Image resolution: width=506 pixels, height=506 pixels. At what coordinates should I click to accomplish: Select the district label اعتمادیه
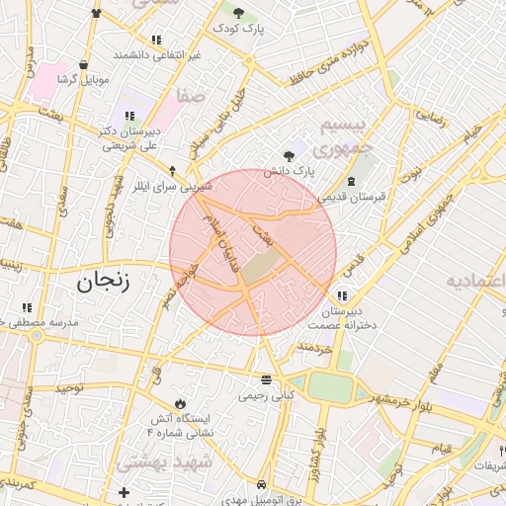pyautogui.click(x=473, y=279)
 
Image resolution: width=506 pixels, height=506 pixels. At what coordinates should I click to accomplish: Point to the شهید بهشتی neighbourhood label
pyautogui.click(x=164, y=463)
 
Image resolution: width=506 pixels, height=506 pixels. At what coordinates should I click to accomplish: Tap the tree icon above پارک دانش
pyautogui.click(x=289, y=155)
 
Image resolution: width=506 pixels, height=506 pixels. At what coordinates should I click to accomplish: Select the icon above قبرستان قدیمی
pyautogui.click(x=353, y=181)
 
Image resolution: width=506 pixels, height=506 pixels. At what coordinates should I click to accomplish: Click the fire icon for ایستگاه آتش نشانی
pyautogui.click(x=179, y=403)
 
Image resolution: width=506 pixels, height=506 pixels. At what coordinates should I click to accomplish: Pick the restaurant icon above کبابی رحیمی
pyautogui.click(x=265, y=379)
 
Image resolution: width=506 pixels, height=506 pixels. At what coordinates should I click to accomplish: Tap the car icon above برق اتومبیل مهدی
pyautogui.click(x=260, y=485)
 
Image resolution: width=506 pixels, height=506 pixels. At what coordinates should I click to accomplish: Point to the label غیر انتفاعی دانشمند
pyautogui.click(x=157, y=54)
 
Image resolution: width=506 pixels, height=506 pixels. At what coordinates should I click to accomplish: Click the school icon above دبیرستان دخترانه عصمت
pyautogui.click(x=342, y=295)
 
